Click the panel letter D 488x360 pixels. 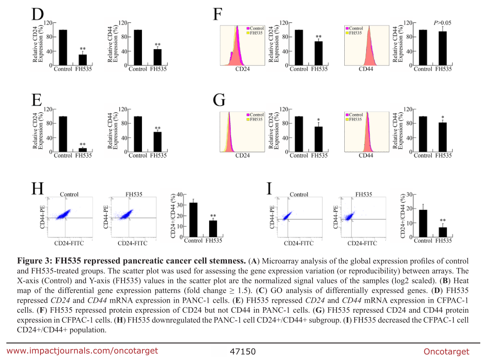[x=37, y=14]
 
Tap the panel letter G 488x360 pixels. [x=219, y=100]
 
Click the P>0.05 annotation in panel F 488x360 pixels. [x=442, y=22]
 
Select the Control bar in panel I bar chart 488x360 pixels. [x=423, y=223]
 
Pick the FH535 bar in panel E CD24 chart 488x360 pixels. [x=83, y=150]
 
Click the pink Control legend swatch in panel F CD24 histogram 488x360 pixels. [x=247, y=28]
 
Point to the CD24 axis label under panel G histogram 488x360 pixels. [x=242, y=156]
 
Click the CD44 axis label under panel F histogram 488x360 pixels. [x=366, y=69]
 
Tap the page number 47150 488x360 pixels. [x=243, y=351]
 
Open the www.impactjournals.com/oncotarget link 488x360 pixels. [x=82, y=350]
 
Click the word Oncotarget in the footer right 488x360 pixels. [x=446, y=351]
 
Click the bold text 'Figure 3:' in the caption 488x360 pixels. [x=34, y=261]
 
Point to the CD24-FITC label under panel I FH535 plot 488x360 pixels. [x=362, y=243]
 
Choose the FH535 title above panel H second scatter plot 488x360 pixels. [x=134, y=194]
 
